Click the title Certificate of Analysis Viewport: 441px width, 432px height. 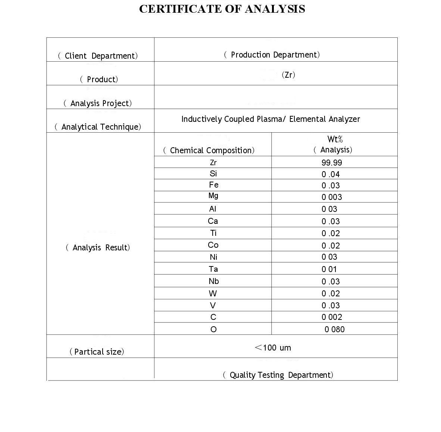(x=222, y=9)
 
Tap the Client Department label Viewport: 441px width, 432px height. (x=98, y=56)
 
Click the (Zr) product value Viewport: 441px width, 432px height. (x=288, y=75)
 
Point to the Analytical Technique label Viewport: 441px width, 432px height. (x=98, y=127)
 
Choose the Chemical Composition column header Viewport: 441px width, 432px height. (x=209, y=151)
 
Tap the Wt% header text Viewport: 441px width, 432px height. (x=335, y=139)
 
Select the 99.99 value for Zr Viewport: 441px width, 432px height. (x=332, y=163)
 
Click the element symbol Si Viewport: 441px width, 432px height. (x=213, y=173)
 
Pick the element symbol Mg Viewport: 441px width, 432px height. (x=213, y=196)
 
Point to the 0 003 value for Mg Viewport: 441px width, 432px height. (x=332, y=197)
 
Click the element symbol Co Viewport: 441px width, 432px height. (x=213, y=245)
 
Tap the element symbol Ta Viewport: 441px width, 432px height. (x=213, y=269)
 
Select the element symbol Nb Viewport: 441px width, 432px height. (x=213, y=281)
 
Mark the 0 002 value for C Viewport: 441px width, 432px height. (x=332, y=317)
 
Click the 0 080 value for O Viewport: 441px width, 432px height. (x=334, y=329)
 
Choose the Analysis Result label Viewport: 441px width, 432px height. (x=98, y=248)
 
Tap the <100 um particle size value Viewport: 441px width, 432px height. (x=273, y=348)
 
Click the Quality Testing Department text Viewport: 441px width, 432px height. (x=278, y=375)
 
